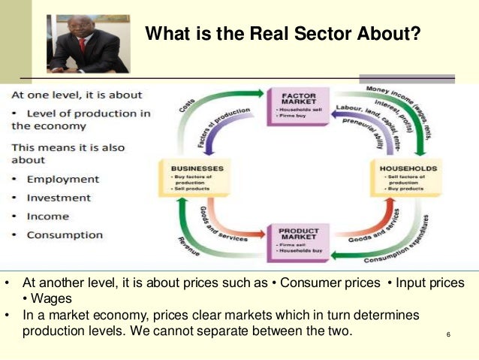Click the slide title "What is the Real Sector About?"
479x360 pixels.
tap(282, 34)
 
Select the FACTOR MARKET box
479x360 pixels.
tap(298, 107)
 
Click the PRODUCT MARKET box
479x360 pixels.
tap(299, 241)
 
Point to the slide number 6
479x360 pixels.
tap(447, 334)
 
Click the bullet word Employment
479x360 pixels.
tap(63, 180)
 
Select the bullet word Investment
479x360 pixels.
tap(59, 198)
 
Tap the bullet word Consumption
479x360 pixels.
tap(65, 234)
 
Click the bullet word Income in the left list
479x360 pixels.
tap(48, 216)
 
